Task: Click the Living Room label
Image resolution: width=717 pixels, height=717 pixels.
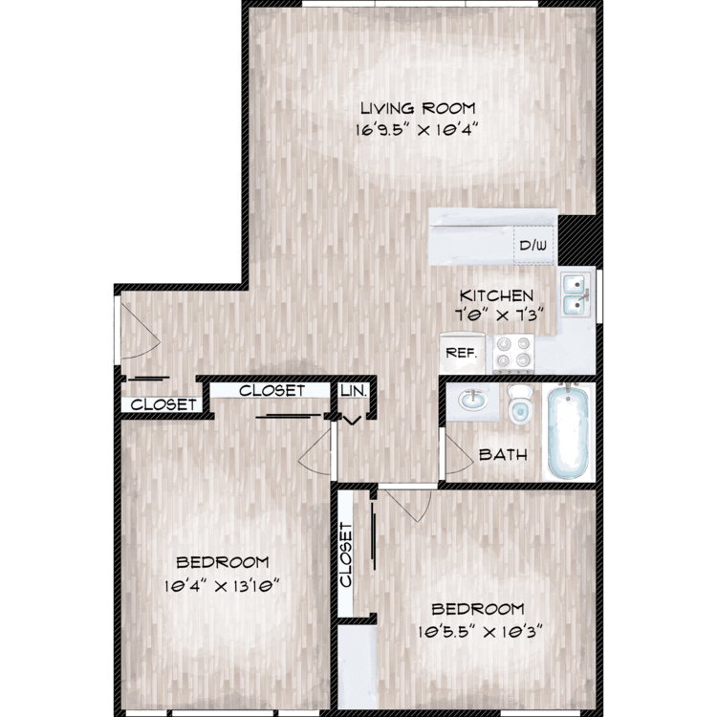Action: coord(418,108)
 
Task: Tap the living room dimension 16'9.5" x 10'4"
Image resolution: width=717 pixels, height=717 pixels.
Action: coord(417,130)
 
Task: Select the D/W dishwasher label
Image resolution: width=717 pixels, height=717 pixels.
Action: coord(532,246)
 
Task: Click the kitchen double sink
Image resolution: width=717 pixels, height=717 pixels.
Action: coord(576,294)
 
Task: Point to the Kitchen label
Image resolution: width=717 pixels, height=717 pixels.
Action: coord(496,295)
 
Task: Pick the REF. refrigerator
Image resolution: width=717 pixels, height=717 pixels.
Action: coord(462,353)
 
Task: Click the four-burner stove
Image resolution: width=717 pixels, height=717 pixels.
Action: coord(513,353)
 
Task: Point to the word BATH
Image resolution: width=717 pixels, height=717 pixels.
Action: coord(503,455)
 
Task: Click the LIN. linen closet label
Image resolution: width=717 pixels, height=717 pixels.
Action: coord(354,391)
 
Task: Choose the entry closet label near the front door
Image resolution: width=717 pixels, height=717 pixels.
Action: coord(163,404)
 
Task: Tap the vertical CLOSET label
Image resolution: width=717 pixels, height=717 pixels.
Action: coord(346,554)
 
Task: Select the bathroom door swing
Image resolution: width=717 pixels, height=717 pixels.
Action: coord(459,455)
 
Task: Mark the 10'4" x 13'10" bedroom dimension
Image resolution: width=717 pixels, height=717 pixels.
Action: coord(222,586)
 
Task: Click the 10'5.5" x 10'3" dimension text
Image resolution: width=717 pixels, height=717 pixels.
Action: coord(480,633)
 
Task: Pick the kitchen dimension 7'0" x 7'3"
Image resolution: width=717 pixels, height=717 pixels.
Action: coord(499,315)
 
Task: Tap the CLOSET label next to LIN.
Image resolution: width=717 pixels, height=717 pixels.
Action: coord(272,390)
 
